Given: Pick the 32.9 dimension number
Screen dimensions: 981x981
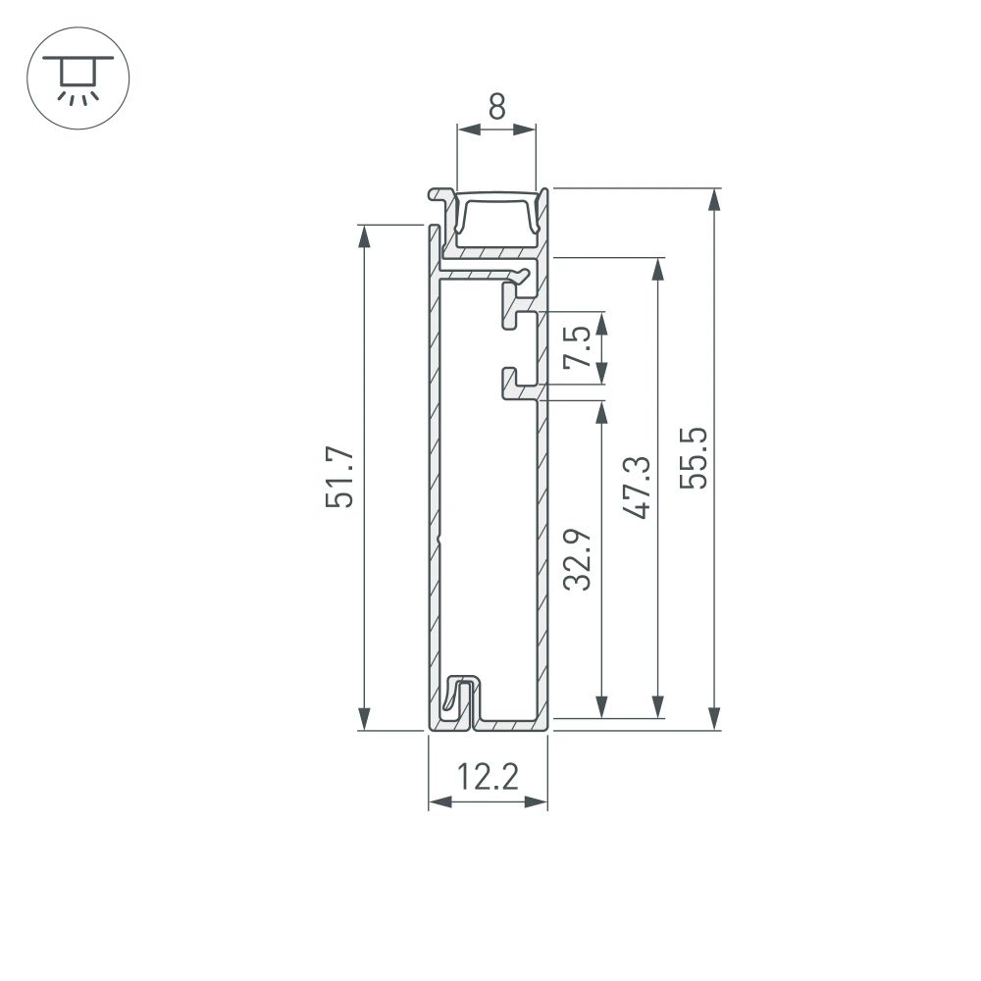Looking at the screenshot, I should click(x=579, y=559).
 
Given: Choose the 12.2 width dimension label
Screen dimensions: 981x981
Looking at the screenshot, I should click(x=488, y=777).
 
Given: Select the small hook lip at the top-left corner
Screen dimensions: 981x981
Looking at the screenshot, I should click(x=436, y=195).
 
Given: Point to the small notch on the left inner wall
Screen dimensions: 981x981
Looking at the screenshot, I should click(x=440, y=539).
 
